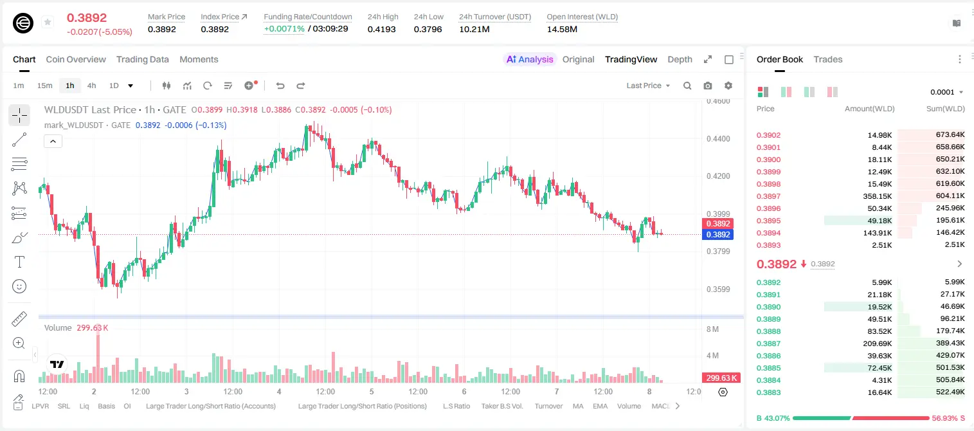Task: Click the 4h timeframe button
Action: pyautogui.click(x=91, y=86)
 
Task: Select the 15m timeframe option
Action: pyautogui.click(x=45, y=86)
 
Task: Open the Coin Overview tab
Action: pyautogui.click(x=76, y=59)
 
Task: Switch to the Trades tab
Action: pyautogui.click(x=828, y=59)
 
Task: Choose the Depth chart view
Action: pyautogui.click(x=680, y=59)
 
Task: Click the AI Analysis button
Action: pyautogui.click(x=530, y=59)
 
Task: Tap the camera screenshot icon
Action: pyautogui.click(x=708, y=86)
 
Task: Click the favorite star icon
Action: pyautogui.click(x=48, y=22)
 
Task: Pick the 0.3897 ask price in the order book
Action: pyautogui.click(x=768, y=196)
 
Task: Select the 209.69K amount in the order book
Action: pyautogui.click(x=878, y=344)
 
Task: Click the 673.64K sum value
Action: pyautogui.click(x=950, y=135)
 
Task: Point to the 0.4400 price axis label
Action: pyautogui.click(x=718, y=139)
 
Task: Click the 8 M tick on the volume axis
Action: pyautogui.click(x=713, y=329)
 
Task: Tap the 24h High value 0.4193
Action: pyautogui.click(x=381, y=29)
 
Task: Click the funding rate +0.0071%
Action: pyautogui.click(x=284, y=29)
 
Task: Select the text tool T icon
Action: pyautogui.click(x=19, y=262)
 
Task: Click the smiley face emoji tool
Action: pyautogui.click(x=19, y=286)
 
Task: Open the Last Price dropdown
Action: pyautogui.click(x=648, y=86)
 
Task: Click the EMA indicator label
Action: pyautogui.click(x=600, y=406)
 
